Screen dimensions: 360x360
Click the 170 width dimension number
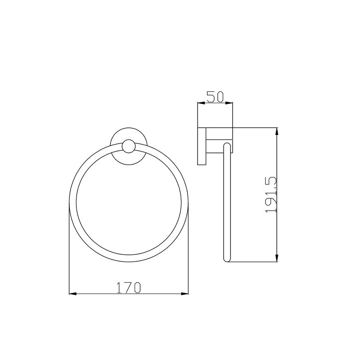pyautogui.click(x=129, y=288)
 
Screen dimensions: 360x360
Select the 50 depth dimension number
pyautogui.click(x=215, y=96)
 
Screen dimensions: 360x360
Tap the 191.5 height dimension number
pyautogui.click(x=271, y=194)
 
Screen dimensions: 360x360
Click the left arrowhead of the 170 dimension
pyautogui.click(x=73, y=294)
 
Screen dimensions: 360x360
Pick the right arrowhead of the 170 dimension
pyautogui.click(x=184, y=294)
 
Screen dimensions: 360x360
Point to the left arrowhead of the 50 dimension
pyautogui.click(x=201, y=103)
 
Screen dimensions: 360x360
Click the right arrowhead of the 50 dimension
pyautogui.click(x=229, y=103)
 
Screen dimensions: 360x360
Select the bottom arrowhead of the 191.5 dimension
pyautogui.click(x=277, y=258)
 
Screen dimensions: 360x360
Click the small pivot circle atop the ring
pyautogui.click(x=129, y=146)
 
